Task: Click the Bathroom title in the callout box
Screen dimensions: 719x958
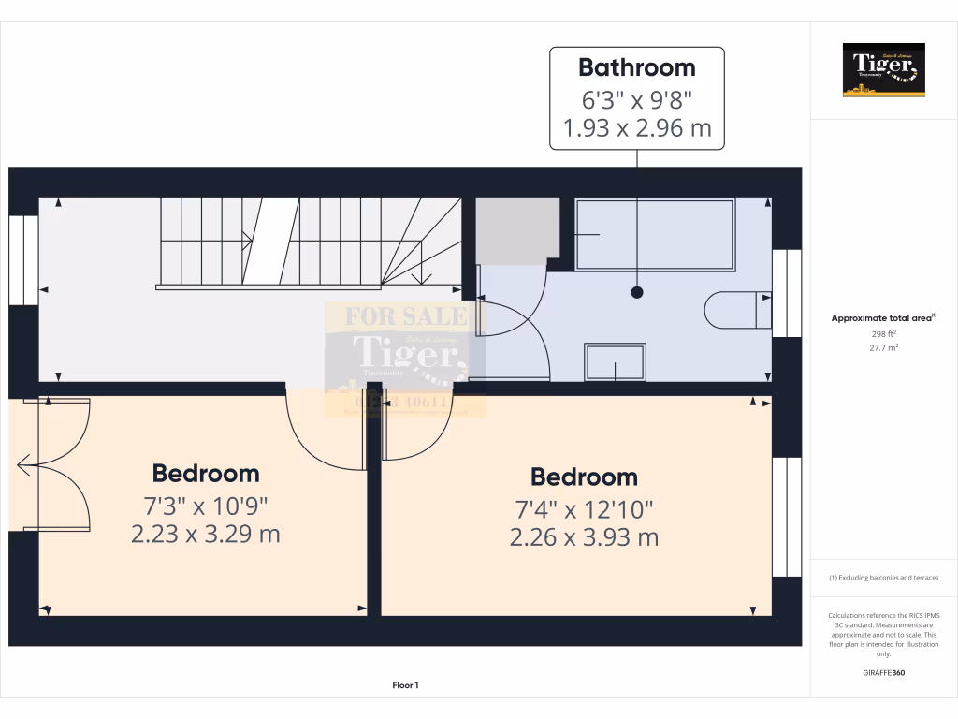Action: [636, 67]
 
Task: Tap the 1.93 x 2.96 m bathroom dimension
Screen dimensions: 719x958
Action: [636, 128]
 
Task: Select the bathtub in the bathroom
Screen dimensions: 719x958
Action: [654, 232]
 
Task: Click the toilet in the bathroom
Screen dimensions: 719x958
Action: [736, 310]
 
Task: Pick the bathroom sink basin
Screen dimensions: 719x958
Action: [614, 361]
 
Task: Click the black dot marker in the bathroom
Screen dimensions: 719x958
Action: [637, 292]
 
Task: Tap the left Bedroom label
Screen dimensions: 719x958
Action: [206, 473]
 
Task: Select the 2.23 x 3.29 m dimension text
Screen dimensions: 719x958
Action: [206, 535]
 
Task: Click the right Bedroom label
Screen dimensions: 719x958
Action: [584, 477]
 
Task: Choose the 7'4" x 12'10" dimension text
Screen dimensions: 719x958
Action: [584, 509]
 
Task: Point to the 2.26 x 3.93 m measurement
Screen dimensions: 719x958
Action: [584, 537]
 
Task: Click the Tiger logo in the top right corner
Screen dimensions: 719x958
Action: [883, 69]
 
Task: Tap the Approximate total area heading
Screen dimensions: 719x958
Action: [882, 318]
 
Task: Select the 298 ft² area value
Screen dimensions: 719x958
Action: [883, 333]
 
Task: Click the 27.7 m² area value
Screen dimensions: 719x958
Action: [883, 347]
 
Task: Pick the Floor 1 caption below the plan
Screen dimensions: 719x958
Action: [405, 686]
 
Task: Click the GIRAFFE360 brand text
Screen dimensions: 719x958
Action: [884, 672]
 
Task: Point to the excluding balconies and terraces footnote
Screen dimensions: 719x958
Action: [883, 578]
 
